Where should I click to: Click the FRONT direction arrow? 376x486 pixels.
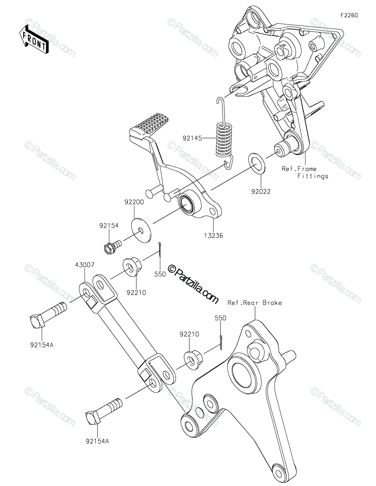(34, 40)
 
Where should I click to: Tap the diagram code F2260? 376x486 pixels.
(349, 15)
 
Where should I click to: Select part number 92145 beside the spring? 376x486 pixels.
(192, 139)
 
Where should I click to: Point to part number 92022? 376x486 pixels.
(261, 192)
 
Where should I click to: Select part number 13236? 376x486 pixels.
(213, 236)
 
